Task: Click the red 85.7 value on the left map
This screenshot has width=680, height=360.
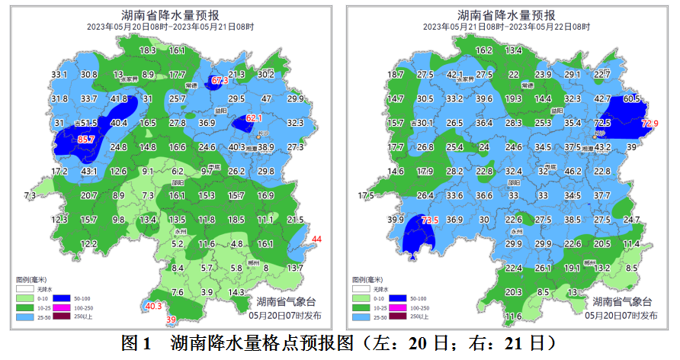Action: (x=86, y=140)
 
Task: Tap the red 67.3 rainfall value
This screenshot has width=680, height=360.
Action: (x=220, y=81)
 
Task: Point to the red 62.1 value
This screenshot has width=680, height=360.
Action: (x=254, y=118)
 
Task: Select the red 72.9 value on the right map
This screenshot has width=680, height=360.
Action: (x=650, y=124)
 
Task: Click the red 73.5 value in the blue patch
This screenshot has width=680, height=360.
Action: (x=430, y=220)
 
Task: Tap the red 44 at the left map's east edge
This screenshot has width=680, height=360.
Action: (x=317, y=240)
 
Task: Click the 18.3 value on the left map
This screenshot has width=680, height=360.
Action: (x=148, y=50)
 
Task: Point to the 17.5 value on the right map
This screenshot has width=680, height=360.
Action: (x=367, y=196)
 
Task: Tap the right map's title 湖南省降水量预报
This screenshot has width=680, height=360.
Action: (x=505, y=14)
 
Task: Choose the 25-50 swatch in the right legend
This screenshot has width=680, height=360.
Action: (x=361, y=317)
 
